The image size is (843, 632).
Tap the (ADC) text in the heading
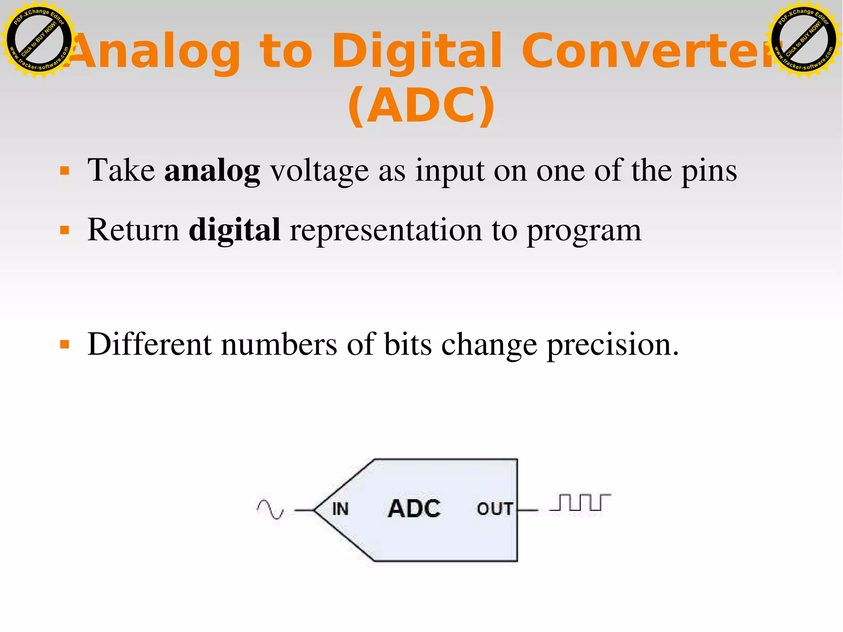coord(421,106)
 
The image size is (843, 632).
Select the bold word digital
coord(235,230)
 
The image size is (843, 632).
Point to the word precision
coord(612,344)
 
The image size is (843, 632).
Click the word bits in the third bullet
coord(408,344)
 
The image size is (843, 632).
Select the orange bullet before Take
coord(65,170)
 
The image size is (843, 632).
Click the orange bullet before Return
coord(65,230)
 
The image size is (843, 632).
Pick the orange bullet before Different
coord(65,344)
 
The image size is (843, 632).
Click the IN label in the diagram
coord(340,509)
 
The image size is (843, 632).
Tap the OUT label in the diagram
coord(495,509)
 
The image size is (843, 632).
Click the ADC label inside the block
coord(414,508)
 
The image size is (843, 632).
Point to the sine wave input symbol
coord(270,509)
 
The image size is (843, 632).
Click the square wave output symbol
coord(580,503)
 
